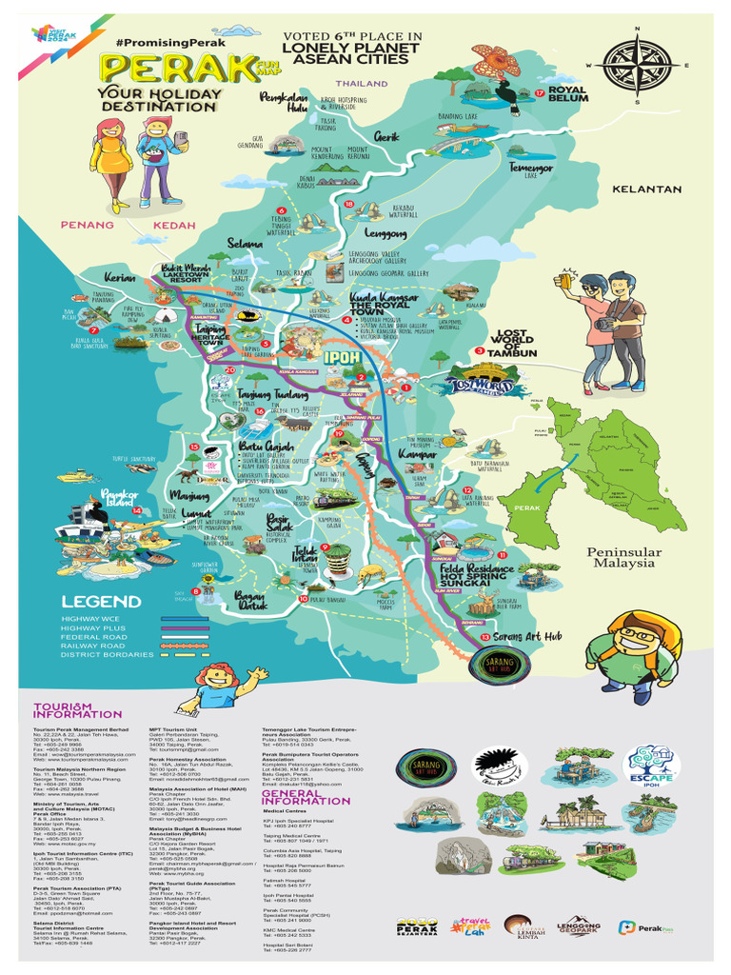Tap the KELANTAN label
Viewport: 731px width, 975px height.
[x=646, y=189]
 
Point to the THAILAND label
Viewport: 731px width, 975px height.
[x=363, y=84]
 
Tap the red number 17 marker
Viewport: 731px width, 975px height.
[x=539, y=92]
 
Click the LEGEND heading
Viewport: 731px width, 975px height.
[x=101, y=602]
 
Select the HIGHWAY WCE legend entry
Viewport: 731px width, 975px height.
[x=94, y=618]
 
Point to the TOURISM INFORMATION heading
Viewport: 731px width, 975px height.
[x=78, y=708]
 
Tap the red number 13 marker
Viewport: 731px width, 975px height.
[x=485, y=636]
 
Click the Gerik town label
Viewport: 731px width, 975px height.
[x=385, y=136]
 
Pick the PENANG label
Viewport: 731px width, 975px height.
[x=88, y=225]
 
